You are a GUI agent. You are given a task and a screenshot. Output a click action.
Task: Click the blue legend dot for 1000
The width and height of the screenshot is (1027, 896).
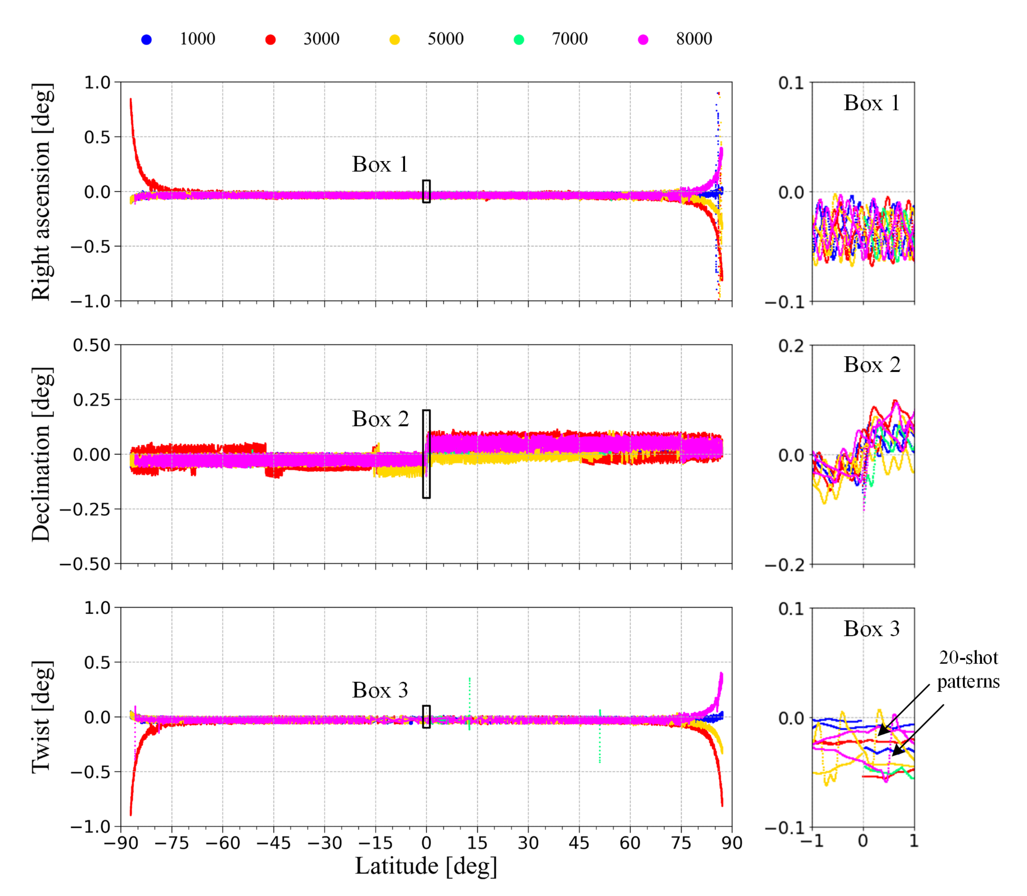pos(146,40)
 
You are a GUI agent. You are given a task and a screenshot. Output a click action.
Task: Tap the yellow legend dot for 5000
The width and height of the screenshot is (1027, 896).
pos(395,40)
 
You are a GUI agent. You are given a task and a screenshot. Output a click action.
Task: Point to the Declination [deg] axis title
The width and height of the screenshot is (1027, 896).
pos(42,455)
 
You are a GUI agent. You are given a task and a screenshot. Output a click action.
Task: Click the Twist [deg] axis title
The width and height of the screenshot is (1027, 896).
pos(42,717)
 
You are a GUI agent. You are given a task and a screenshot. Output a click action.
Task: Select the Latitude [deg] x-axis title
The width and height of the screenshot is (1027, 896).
pos(426,866)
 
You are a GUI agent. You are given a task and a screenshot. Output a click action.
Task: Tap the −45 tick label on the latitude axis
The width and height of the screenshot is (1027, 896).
pos(273,843)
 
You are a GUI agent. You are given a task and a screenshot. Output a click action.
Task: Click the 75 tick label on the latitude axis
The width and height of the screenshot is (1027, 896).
pos(681,843)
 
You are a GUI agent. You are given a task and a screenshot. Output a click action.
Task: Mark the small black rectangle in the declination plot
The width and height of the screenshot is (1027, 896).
pos(426,454)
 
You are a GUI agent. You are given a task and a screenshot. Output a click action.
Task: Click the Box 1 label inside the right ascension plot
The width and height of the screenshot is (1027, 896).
pos(380,164)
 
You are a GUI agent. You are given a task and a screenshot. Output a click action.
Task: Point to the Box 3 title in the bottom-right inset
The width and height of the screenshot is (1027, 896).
pos(872,629)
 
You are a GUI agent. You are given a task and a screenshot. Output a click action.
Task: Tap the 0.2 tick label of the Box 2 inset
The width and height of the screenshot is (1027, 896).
pos(791,346)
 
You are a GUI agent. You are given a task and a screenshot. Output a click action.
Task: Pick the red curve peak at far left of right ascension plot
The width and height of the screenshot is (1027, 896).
pos(131,100)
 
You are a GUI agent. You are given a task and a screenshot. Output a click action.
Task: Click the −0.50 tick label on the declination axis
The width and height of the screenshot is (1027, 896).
pos(85,564)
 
